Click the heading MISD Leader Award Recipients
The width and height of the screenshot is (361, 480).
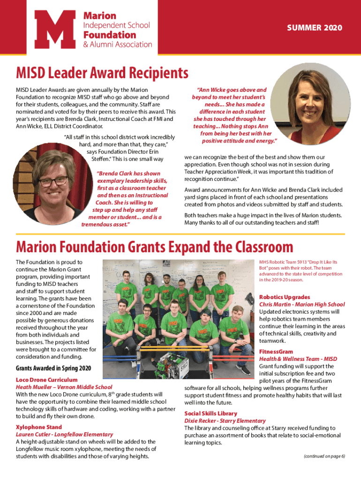pyautogui.click(x=102, y=73)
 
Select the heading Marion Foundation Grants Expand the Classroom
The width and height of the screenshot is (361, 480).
pyautogui.click(x=154, y=247)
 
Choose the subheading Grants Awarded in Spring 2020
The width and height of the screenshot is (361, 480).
pyautogui.click(x=53, y=368)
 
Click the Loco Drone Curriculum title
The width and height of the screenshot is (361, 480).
pyautogui.click(x=47, y=379)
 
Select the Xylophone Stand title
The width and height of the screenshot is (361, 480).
pyautogui.click(x=39, y=427)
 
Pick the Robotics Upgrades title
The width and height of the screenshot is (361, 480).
pyautogui.click(x=285, y=297)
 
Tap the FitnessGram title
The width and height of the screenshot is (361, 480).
pyautogui.click(x=276, y=352)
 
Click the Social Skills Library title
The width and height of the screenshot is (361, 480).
pyautogui.click(x=211, y=413)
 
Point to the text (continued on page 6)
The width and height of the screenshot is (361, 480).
pyautogui.click(x=324, y=456)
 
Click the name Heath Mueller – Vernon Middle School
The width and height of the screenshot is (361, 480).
pyautogui.click(x=64, y=387)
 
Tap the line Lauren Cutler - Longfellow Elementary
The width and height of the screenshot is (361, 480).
pyautogui.click(x=65, y=435)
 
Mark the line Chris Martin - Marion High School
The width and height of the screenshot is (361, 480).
pyautogui.click(x=302, y=304)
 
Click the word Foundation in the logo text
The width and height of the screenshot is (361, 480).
pyautogui.click(x=109, y=35)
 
